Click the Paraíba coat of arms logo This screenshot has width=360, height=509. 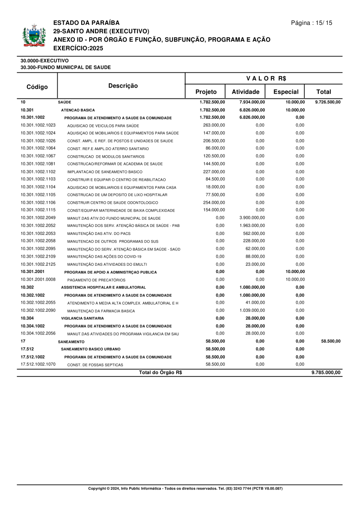click(34, 36)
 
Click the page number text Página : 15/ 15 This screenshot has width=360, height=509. click(312, 23)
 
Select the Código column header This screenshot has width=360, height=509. click(37, 87)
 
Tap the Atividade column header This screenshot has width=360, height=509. click(246, 92)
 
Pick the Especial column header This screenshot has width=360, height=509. click(286, 92)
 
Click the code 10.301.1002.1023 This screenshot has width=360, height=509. click(38, 125)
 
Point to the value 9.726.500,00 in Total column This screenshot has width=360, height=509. click(328, 102)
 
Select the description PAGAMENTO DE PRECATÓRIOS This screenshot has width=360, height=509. click(96, 280)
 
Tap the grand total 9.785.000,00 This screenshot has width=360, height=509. click(326, 373)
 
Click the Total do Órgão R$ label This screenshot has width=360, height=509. click(160, 373)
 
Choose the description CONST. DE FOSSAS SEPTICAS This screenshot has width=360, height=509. click(95, 365)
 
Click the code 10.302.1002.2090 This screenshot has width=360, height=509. click(38, 310)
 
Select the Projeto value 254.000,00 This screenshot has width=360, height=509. click(214, 202)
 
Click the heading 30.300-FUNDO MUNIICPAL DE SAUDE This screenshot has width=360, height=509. click(66, 68)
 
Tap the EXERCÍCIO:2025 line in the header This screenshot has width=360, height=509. click(78, 48)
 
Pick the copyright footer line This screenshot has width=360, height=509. click(185, 489)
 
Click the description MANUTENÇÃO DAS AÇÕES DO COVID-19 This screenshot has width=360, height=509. click(104, 257)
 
